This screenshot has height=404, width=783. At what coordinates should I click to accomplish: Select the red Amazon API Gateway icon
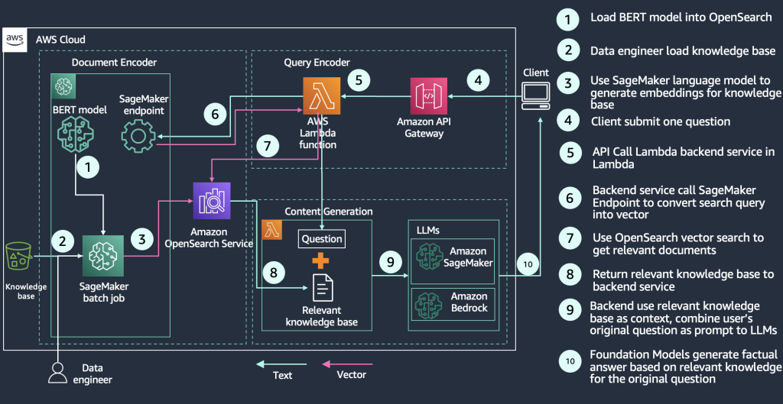[428, 95]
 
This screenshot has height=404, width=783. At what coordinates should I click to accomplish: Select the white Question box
[321, 239]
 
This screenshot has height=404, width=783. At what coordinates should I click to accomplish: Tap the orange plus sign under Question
[321, 261]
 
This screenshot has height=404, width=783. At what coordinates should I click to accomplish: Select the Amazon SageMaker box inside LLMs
[453, 257]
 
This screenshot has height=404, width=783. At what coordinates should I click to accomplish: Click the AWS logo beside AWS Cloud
[15, 39]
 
